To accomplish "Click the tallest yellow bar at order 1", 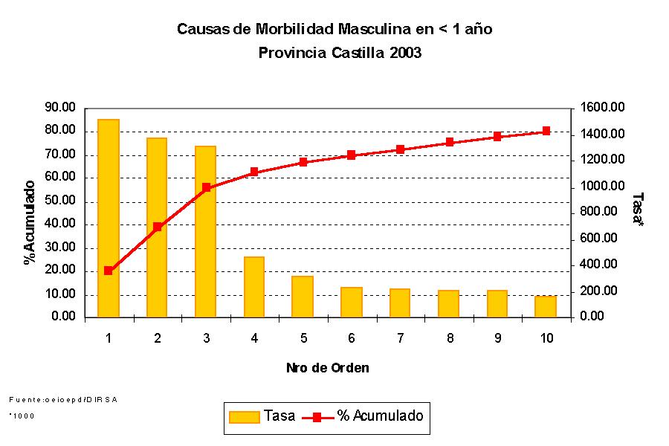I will pyautogui.click(x=109, y=218).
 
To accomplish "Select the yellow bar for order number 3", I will pyautogui.click(x=206, y=231).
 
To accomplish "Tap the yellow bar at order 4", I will pyautogui.click(x=254, y=287).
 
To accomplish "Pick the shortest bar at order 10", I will pyautogui.click(x=546, y=306).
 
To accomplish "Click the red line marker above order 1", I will pyautogui.click(x=109, y=271).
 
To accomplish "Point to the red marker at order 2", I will pyautogui.click(x=158, y=227).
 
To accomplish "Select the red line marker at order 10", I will pyautogui.click(x=546, y=131).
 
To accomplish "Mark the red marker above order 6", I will pyautogui.click(x=352, y=155).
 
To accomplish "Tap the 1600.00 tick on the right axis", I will pyautogui.click(x=602, y=108).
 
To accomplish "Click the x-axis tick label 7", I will pyautogui.click(x=400, y=339).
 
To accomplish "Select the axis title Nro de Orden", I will pyautogui.click(x=327, y=368).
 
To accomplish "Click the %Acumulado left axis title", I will pyautogui.click(x=30, y=222).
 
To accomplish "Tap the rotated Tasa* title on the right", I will pyautogui.click(x=637, y=209).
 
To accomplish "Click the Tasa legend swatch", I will pyautogui.click(x=244, y=416).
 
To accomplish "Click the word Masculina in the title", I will pyautogui.click(x=378, y=30).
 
